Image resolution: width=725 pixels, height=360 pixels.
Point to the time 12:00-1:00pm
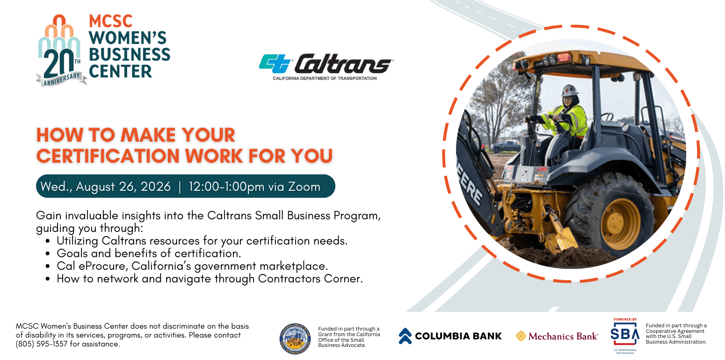(x=226, y=187)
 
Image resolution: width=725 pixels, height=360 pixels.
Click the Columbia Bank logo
(x=450, y=336)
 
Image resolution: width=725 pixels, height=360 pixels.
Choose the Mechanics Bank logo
(x=557, y=336)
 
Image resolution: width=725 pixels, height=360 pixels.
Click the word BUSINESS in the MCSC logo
(x=129, y=55)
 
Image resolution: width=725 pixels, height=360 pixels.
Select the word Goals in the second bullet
(x=70, y=253)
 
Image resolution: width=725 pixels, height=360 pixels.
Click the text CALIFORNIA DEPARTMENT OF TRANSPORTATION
(x=325, y=79)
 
